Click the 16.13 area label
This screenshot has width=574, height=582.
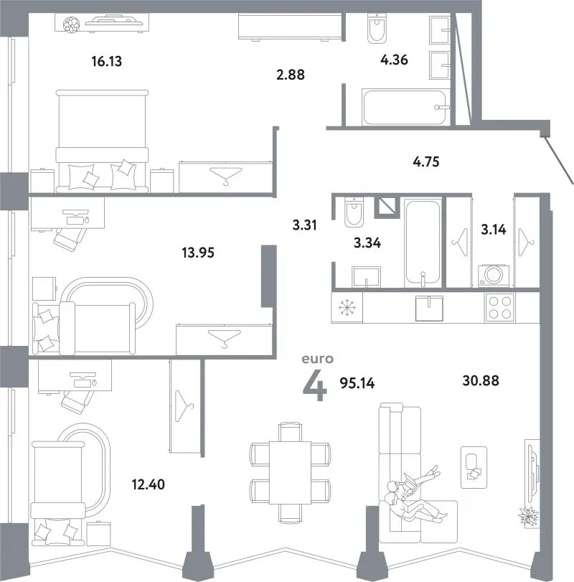(x=107, y=61)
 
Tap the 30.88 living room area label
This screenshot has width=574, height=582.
(x=481, y=380)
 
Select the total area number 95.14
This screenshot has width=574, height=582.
(x=357, y=383)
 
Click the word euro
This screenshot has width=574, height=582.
(x=318, y=359)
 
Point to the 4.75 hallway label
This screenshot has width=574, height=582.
(x=426, y=162)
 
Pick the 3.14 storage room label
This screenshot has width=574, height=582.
(x=494, y=230)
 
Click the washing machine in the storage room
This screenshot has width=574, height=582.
(x=494, y=275)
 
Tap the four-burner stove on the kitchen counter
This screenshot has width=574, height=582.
(x=500, y=307)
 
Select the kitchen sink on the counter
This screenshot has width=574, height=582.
(x=429, y=308)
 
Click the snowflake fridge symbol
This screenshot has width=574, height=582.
(x=347, y=308)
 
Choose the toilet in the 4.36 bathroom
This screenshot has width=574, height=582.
(x=377, y=28)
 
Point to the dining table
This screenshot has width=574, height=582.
(x=290, y=472)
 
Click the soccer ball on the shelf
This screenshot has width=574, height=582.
(x=71, y=25)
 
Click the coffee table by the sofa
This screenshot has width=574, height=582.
(x=474, y=467)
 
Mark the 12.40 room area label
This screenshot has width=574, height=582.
(x=149, y=484)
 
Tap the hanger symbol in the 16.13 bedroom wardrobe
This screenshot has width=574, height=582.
(x=225, y=176)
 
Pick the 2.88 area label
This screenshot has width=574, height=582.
(x=291, y=75)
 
